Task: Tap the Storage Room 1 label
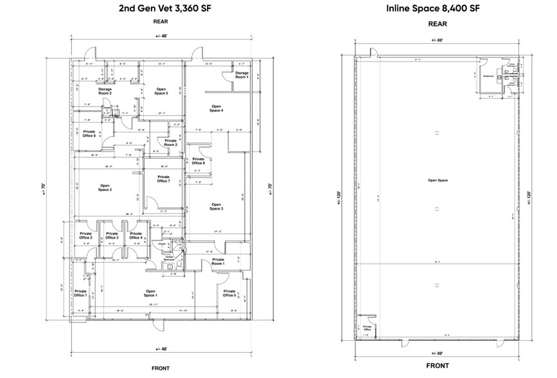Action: point(242,75)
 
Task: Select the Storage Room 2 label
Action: point(105,91)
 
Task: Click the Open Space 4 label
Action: point(217,109)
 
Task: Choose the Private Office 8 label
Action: point(89,133)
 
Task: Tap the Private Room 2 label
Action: point(170,142)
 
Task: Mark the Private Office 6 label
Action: point(199,161)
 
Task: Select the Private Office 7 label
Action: point(163,179)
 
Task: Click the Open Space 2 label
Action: point(105,188)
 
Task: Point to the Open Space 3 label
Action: point(217,207)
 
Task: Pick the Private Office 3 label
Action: point(112,236)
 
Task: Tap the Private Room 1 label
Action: point(218,262)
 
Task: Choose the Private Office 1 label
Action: point(80,292)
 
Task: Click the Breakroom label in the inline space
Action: point(488,75)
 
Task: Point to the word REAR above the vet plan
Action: point(160,22)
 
